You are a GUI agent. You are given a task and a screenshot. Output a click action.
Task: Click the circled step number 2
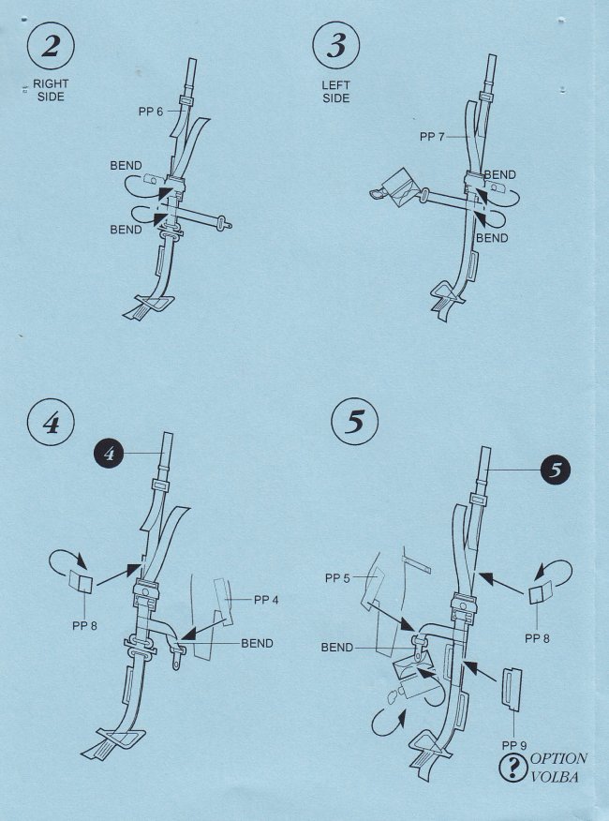(51, 46)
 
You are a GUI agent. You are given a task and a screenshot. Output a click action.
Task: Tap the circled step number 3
(336, 46)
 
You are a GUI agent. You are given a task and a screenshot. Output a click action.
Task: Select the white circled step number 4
(51, 423)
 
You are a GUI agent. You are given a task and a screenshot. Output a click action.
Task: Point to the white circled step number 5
(354, 422)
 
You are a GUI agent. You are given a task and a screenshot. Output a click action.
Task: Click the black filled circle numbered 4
(109, 454)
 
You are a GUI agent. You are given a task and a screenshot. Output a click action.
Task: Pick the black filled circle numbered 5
(555, 470)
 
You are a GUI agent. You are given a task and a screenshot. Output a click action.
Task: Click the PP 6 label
(151, 112)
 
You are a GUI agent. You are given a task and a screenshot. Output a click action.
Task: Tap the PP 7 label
(432, 137)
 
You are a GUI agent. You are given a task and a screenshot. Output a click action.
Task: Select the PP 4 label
(266, 600)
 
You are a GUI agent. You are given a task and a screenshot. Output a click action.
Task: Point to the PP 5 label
(337, 578)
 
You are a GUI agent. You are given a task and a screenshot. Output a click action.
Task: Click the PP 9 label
(514, 746)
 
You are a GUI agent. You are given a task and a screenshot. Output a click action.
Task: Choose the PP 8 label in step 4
(85, 626)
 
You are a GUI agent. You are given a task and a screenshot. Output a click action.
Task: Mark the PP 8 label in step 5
(537, 639)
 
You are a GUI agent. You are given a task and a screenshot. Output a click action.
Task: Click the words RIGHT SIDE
(51, 90)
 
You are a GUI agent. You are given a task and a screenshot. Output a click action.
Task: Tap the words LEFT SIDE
(336, 91)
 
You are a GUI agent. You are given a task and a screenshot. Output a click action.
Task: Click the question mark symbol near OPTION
(513, 768)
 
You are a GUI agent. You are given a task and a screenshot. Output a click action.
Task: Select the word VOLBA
(555, 777)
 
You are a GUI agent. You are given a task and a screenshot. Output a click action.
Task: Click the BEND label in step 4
(257, 644)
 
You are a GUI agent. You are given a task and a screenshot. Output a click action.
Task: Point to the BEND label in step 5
(337, 648)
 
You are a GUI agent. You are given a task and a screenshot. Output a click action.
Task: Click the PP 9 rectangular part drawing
(512, 690)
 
